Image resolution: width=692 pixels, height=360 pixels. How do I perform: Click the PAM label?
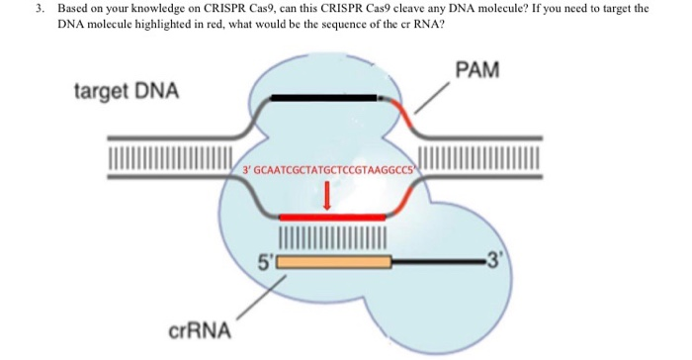pos(477,70)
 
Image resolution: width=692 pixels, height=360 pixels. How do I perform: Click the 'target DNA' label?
pos(127,92)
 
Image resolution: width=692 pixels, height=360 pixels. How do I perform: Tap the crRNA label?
pos(200,330)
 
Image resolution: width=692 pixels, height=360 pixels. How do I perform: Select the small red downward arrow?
pos(327,196)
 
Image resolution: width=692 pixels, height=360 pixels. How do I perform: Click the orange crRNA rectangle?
pos(334,262)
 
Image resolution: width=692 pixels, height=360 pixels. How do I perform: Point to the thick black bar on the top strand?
pos(324,98)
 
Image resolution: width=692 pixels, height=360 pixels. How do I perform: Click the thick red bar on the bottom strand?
pos(332,217)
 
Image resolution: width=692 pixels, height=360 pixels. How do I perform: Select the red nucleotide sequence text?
pos(330,170)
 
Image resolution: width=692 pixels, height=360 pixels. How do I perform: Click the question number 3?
pos(40,8)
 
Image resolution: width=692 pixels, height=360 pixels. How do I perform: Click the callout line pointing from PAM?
pos(432,97)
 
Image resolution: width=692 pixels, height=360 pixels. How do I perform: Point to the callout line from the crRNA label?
pos(262,298)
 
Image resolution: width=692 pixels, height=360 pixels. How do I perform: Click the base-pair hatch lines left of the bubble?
pos(170,157)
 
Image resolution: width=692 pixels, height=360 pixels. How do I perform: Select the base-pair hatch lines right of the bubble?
pos(478,157)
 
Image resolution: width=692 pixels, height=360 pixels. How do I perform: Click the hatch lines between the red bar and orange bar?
pos(333,237)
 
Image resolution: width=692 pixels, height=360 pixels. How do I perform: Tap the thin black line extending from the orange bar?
pos(439,262)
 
